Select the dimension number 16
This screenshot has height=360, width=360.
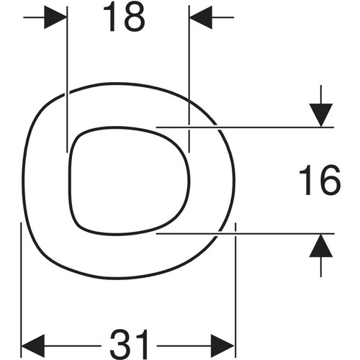(320, 180)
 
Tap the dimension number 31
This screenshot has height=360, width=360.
(129, 346)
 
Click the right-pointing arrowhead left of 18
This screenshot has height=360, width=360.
(55, 17)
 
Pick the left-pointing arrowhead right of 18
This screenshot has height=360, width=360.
(201, 17)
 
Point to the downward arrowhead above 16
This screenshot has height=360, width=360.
(321, 115)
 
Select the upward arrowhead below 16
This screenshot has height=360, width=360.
(321, 246)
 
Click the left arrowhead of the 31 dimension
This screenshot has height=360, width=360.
(33, 346)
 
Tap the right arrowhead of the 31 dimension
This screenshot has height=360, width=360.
(222, 346)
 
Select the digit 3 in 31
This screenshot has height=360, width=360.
(120, 346)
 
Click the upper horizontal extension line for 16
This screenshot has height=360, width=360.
(245, 127)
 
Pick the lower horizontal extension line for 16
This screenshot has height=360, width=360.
(246, 233)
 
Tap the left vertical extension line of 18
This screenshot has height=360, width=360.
(67, 79)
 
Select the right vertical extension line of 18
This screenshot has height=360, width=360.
(189, 79)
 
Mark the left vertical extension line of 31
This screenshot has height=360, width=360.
(22, 290)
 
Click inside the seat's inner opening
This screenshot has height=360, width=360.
(130, 181)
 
